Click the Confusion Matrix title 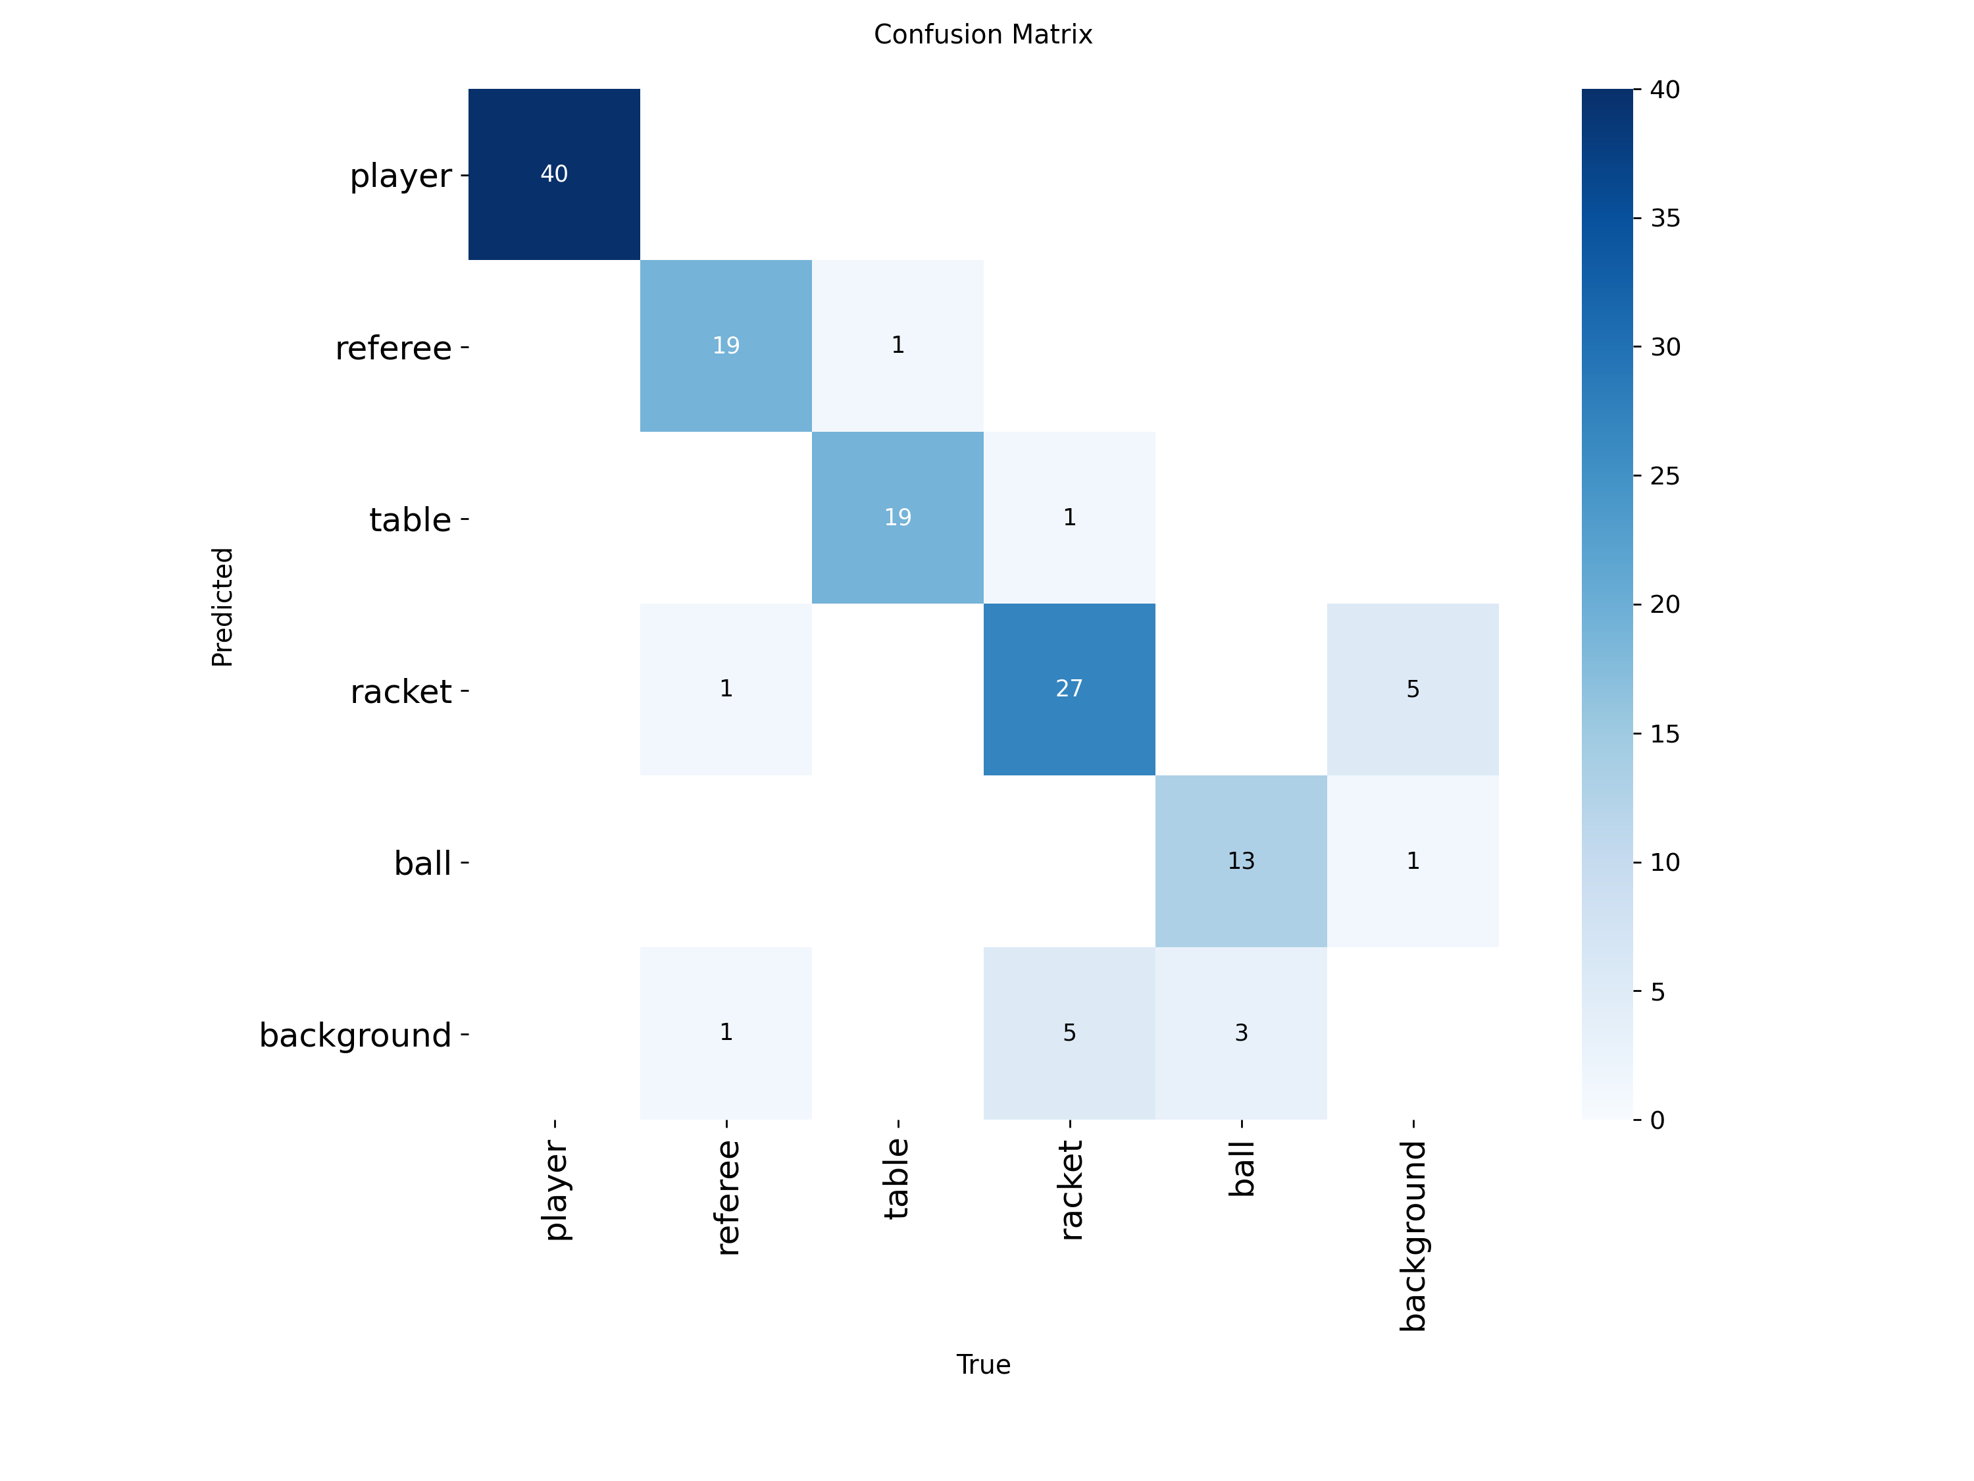982,35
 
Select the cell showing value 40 554,174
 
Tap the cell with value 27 1069,689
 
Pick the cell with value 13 1240,860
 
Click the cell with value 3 1240,1033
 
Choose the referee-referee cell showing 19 726,346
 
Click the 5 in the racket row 1413,689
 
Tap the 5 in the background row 1069,1033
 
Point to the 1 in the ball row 1413,860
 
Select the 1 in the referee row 898,346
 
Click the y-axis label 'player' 401,176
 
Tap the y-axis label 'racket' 401,692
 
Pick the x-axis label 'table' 896,1178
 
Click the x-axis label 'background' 1413,1235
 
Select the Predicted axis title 222,607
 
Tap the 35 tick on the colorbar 1664,219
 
